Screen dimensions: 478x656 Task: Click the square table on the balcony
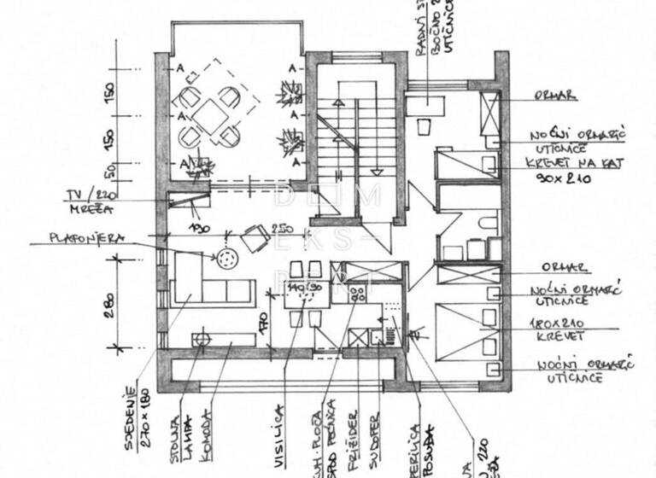[209, 114]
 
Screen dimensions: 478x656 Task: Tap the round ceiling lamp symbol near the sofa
[227, 257]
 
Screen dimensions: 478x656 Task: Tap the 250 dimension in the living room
[279, 228]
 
